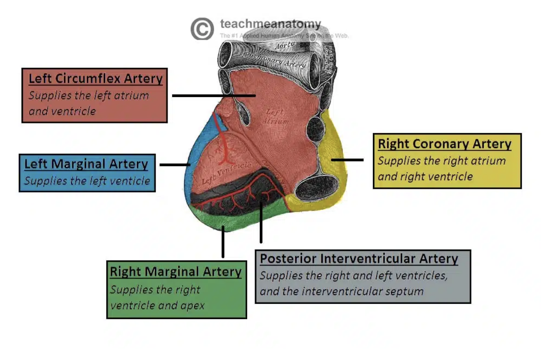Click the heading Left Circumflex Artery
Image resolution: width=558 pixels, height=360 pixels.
point(95,78)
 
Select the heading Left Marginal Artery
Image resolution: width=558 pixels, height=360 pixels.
point(86,164)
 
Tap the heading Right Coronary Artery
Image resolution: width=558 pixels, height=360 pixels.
point(444,144)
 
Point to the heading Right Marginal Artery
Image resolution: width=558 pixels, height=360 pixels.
point(175,272)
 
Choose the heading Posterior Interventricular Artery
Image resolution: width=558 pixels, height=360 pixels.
point(359,258)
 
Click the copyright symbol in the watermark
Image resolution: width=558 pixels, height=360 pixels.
point(202,29)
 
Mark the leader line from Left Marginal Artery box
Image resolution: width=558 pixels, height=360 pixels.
point(174,164)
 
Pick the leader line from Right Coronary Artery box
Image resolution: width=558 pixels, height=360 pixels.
point(347,160)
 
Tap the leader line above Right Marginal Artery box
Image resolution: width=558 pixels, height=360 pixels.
point(223,242)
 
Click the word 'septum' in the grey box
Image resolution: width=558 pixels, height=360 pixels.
point(405,291)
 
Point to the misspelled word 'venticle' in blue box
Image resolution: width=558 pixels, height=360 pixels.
point(131,181)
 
